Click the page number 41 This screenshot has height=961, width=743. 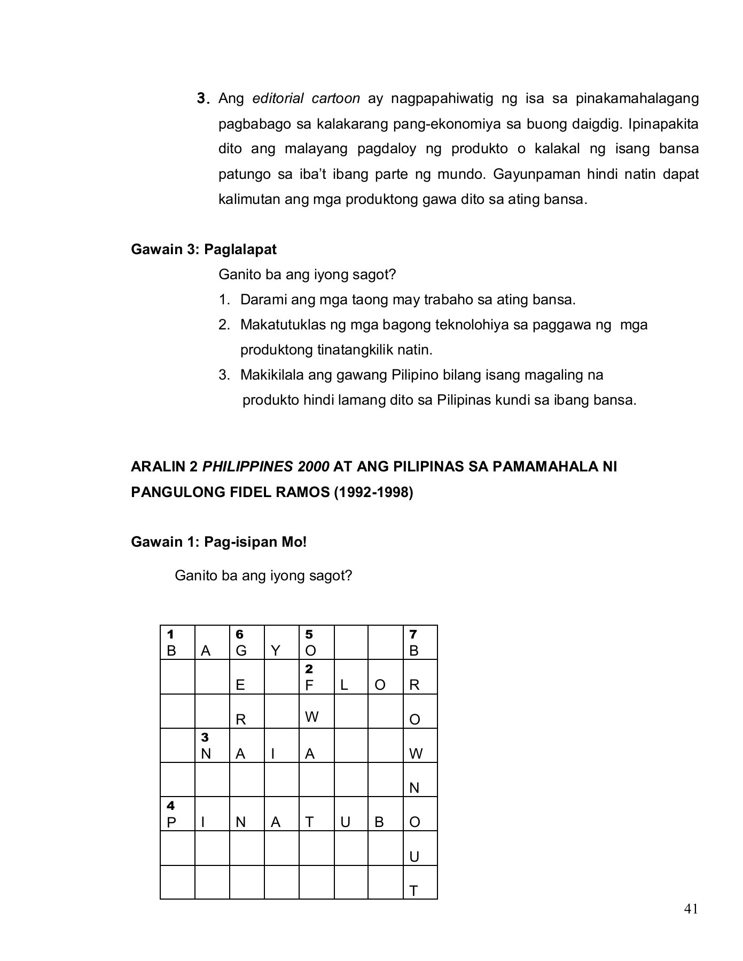(x=691, y=909)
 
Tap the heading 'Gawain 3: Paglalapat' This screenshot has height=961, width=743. (x=204, y=249)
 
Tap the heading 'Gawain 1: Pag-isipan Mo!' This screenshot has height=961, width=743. (x=219, y=542)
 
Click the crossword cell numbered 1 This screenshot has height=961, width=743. (x=177, y=642)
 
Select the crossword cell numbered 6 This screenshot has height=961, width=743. (x=247, y=642)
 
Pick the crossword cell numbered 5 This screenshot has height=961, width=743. (x=316, y=642)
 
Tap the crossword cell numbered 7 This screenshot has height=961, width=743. (x=420, y=642)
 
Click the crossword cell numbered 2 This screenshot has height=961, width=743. (x=316, y=677)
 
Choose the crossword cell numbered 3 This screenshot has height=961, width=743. (x=212, y=745)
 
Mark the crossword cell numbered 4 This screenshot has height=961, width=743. (x=177, y=814)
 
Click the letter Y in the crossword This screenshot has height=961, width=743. (x=276, y=651)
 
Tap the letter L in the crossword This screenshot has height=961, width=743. (x=344, y=685)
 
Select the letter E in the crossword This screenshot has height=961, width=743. (x=240, y=685)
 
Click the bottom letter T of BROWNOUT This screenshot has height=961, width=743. (x=413, y=891)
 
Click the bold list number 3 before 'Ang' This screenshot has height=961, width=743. (x=201, y=99)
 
